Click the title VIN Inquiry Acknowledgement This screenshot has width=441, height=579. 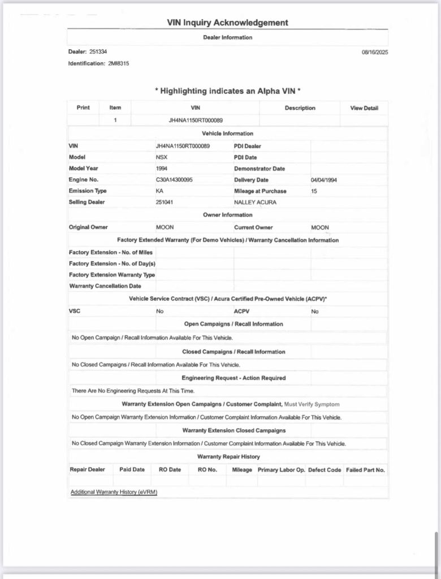(x=227, y=23)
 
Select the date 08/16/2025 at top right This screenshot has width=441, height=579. (x=374, y=52)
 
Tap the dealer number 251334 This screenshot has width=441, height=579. (x=98, y=51)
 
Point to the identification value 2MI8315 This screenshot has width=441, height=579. (x=118, y=63)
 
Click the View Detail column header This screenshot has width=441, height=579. (x=364, y=108)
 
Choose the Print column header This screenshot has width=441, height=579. (x=83, y=107)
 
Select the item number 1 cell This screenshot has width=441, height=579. (x=115, y=120)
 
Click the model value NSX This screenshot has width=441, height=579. (x=162, y=157)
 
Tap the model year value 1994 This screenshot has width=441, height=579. (x=162, y=168)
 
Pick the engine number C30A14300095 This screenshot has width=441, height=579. (x=174, y=180)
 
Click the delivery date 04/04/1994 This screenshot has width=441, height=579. (x=325, y=180)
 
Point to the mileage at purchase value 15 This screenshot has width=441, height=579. (x=314, y=191)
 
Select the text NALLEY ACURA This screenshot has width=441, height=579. (x=255, y=202)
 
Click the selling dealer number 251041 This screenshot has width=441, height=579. (x=164, y=202)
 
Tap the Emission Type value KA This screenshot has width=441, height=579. (x=159, y=191)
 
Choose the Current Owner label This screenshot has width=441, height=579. (x=253, y=227)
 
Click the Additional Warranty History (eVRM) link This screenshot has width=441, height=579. (x=114, y=492)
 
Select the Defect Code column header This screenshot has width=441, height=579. (x=325, y=470)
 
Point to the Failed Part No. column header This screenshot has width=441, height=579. (x=365, y=470)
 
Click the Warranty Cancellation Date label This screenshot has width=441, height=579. (x=105, y=286)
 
